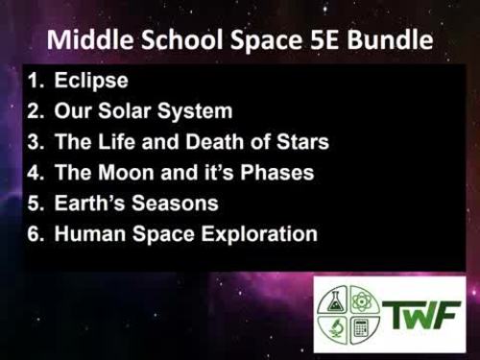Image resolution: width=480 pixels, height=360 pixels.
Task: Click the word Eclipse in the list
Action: click(x=91, y=81)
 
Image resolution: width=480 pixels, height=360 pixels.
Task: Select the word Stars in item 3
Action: click(x=300, y=142)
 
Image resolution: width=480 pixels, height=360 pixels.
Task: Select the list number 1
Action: click(x=34, y=81)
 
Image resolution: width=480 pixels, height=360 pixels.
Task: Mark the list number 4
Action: click(x=34, y=173)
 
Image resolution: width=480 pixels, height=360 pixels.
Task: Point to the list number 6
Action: click(x=34, y=234)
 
